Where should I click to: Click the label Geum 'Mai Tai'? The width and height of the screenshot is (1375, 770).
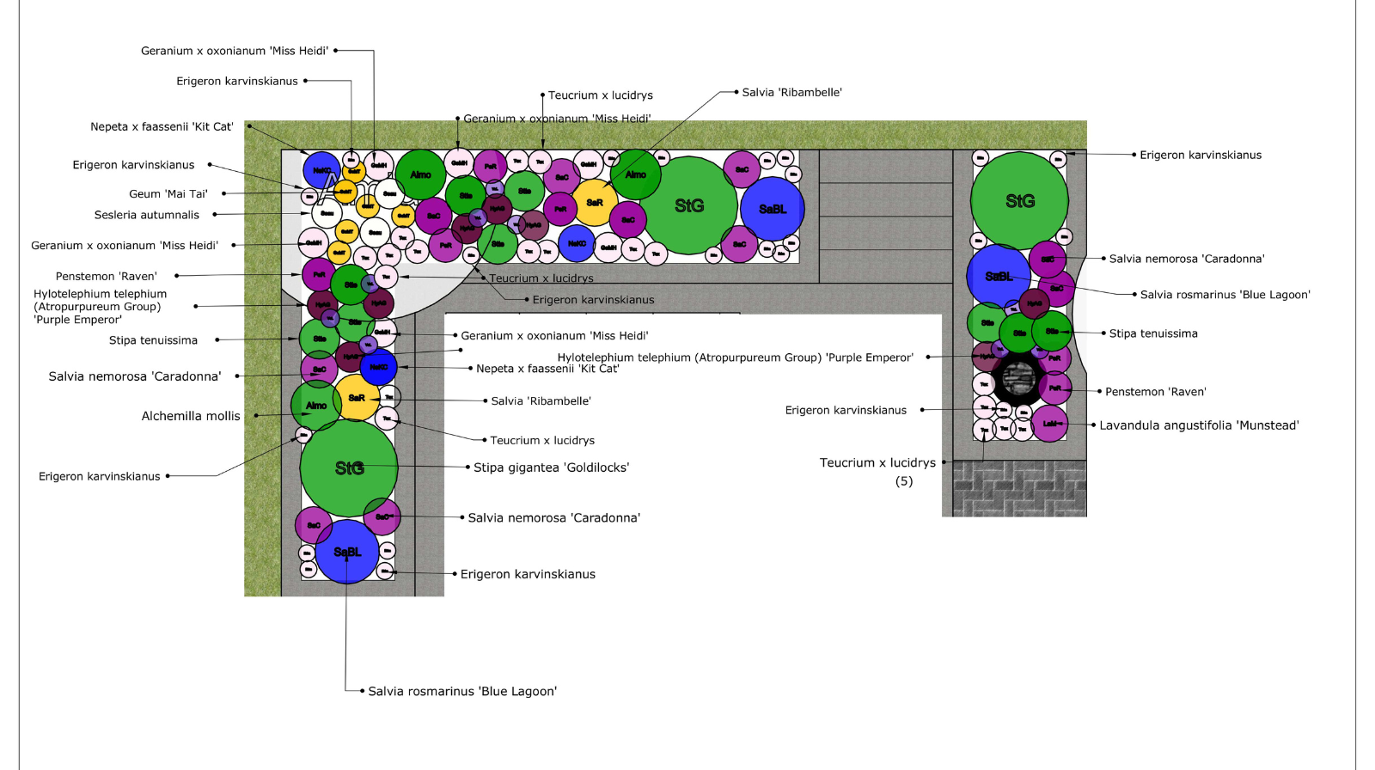[168, 194]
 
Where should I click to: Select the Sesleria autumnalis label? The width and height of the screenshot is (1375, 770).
[146, 215]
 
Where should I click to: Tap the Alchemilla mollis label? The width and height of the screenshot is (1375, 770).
[191, 416]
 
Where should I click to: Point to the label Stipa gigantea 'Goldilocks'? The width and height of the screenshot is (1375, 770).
[551, 467]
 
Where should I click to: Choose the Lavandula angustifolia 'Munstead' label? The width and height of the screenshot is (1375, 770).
[1199, 425]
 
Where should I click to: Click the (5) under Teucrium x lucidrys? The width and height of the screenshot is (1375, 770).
[904, 481]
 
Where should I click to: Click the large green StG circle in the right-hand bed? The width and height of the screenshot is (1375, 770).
[1019, 201]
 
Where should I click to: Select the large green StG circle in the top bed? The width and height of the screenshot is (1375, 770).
[689, 206]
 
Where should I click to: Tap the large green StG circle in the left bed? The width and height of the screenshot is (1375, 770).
[349, 468]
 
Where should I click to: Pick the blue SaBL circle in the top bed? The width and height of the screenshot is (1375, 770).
[773, 209]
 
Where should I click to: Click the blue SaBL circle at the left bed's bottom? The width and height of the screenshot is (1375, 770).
[347, 552]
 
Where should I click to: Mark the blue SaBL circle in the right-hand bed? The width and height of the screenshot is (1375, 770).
[999, 276]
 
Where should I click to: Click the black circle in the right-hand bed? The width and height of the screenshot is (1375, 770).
[1018, 377]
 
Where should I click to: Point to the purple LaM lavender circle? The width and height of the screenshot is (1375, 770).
[1049, 424]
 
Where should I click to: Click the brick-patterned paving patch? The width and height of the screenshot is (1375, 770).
[1019, 488]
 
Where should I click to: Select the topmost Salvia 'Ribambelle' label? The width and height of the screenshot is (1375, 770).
[791, 93]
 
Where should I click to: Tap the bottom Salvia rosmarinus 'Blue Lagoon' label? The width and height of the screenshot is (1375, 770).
[462, 691]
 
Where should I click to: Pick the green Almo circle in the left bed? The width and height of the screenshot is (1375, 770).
[316, 406]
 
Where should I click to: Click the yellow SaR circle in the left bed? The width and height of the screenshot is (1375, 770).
[357, 398]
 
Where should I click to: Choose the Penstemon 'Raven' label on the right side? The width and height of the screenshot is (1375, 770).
[1155, 392]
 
